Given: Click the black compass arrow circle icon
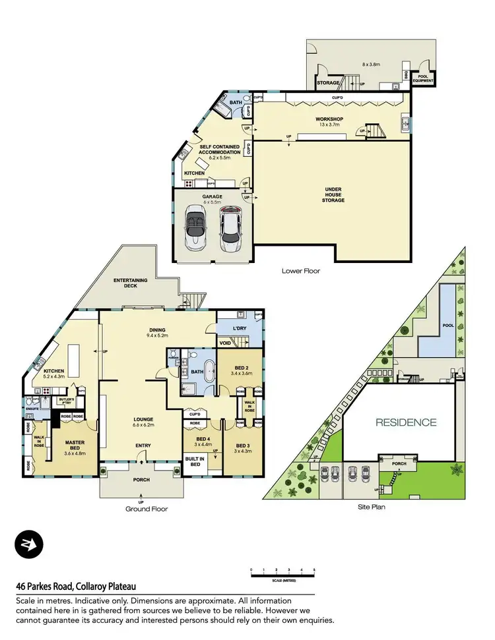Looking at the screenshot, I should pos(29,546).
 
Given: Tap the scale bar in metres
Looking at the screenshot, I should pos(282,575).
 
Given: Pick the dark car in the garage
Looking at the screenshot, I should pos(229,228).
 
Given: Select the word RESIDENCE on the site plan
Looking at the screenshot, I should pos(407,422).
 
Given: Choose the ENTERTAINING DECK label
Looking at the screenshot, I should pos(130,283).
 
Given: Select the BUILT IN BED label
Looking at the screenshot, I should pos(195,461).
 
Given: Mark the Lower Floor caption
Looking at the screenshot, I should pos(301,271).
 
